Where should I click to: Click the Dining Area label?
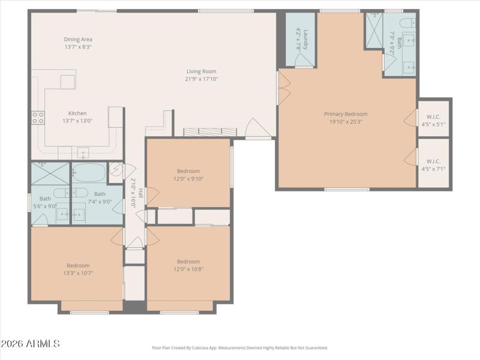[x=78, y=39]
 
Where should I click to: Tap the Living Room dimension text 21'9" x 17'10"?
[x=201, y=79]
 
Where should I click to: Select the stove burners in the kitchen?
[x=38, y=117]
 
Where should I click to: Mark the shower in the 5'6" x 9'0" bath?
[x=50, y=173]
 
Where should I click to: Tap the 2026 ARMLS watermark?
[x=30, y=344]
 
